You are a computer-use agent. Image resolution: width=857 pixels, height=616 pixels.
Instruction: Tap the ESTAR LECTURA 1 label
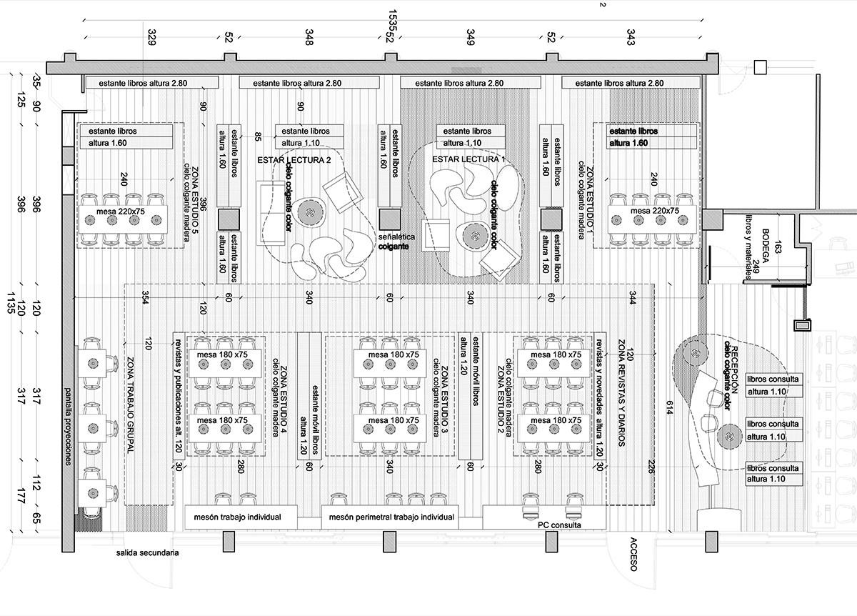[x=458, y=159]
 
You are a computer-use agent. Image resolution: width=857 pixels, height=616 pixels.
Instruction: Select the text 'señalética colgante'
[x=394, y=241]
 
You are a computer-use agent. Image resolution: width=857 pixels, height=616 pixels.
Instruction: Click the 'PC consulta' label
[x=559, y=525]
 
